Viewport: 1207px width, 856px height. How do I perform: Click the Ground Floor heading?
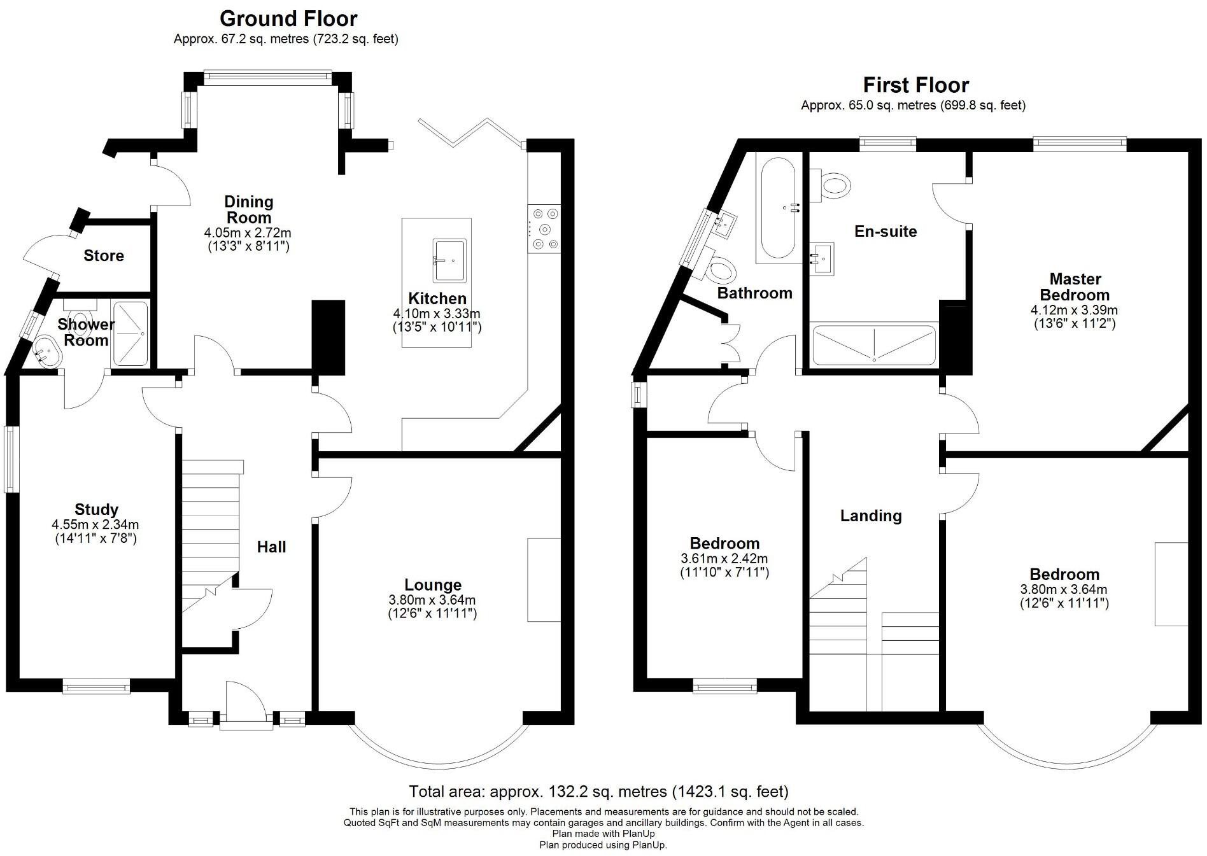[288, 18]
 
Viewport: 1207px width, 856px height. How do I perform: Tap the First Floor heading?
[915, 85]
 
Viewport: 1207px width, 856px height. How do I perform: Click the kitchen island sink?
[449, 260]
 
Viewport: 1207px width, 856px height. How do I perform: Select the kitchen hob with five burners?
[545, 229]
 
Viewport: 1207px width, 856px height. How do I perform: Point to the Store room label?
[104, 256]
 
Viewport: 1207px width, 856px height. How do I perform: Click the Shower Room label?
[86, 332]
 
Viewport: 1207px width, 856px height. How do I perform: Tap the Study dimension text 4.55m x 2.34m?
[95, 525]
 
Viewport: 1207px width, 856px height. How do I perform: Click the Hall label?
[271, 547]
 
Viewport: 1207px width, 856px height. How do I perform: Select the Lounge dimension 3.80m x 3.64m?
[432, 600]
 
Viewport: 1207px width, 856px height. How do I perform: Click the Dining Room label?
[249, 209]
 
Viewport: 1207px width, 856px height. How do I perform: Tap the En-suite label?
[886, 232]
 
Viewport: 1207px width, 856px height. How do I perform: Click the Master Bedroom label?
[1075, 287]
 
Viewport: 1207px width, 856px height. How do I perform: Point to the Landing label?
[871, 516]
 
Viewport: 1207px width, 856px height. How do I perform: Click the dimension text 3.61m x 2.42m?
[724, 559]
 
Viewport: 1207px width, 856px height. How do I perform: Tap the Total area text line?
[598, 791]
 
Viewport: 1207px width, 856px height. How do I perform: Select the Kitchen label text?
[437, 298]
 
